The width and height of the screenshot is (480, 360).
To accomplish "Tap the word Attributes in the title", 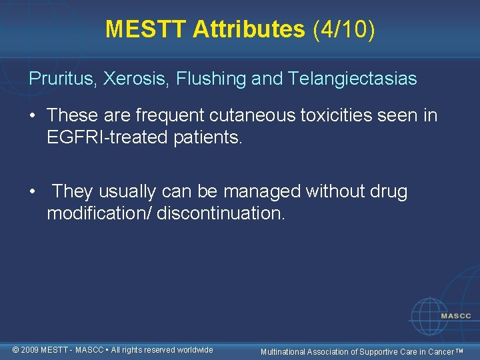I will tap(248, 29).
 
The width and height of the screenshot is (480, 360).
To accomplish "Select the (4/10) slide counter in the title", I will tap(343, 29).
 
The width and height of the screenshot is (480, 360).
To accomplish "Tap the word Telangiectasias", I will tap(353, 79).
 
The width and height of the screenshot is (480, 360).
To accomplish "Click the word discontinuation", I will tap(221, 213).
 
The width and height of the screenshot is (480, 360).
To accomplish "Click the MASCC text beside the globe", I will tap(456, 315).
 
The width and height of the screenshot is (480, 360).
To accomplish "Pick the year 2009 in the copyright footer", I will tap(29, 350).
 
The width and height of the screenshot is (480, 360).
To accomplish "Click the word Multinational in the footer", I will tap(283, 351).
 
